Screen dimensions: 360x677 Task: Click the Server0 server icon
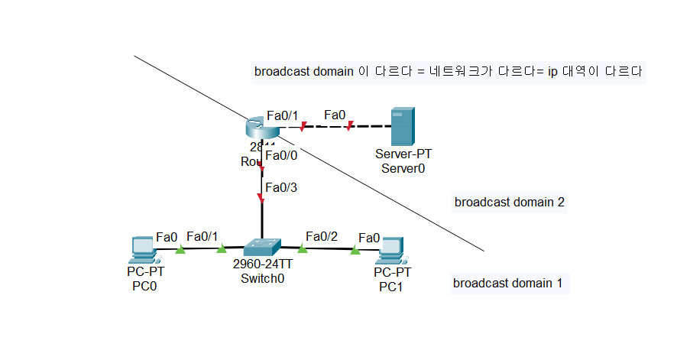(402, 126)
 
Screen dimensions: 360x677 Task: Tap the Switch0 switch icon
(262, 247)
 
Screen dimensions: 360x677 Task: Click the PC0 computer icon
(143, 250)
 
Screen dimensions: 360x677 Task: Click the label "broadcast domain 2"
(509, 203)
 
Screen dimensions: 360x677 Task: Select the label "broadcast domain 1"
(507, 284)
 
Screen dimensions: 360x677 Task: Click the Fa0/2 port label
(321, 236)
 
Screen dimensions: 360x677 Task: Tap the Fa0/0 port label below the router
(281, 155)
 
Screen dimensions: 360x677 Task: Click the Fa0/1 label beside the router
(283, 115)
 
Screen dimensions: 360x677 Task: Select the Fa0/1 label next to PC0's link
(202, 236)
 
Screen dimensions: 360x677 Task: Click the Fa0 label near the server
(335, 115)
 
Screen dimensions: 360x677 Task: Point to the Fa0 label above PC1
(370, 238)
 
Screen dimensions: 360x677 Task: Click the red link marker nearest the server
(349, 126)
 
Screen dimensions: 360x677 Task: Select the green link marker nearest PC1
(355, 249)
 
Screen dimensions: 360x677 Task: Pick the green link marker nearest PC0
(180, 249)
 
